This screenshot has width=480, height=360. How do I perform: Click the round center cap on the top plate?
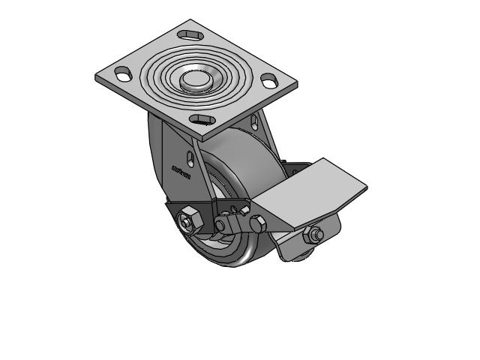tap(196, 79)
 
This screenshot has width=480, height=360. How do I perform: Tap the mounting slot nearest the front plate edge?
tap(200, 119)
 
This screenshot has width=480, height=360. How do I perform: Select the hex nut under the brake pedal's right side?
tap(315, 235)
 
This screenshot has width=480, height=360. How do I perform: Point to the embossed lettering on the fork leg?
tap(181, 175)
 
